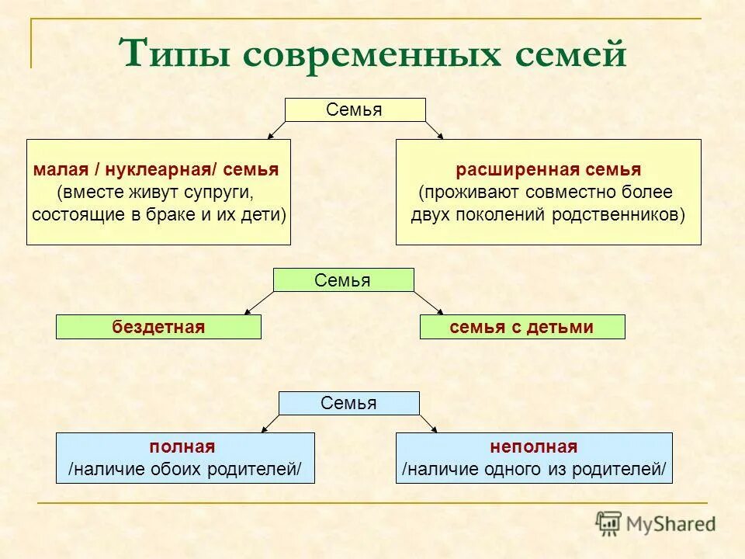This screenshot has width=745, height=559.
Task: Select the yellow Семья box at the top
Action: (355, 109)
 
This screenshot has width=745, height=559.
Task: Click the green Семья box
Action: (343, 279)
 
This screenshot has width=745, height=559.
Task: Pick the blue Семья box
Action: (348, 403)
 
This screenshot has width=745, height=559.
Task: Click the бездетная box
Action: (158, 327)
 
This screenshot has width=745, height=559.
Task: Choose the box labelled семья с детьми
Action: (521, 327)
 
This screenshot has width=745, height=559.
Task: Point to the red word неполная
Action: (533, 446)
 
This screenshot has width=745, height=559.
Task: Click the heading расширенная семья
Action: (548, 170)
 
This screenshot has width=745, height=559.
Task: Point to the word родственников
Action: (618, 214)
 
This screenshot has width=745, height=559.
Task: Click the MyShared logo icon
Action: (609, 523)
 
